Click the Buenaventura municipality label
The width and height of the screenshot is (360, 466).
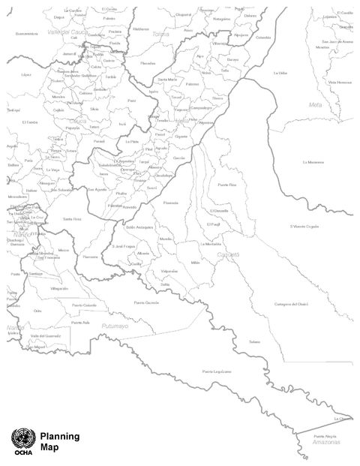point(25,33)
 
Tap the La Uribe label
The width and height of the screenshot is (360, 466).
point(280,73)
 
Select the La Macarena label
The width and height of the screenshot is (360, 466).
point(313,161)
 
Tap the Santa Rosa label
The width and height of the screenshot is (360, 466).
point(72,218)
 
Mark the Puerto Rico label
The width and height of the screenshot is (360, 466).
point(226,184)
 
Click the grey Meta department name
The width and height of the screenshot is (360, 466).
point(315,104)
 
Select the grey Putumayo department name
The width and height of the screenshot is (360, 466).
point(114,326)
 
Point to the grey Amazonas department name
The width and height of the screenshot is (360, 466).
point(322,442)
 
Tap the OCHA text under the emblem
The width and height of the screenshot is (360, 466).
point(20,451)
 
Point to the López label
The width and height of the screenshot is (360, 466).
point(26,74)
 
